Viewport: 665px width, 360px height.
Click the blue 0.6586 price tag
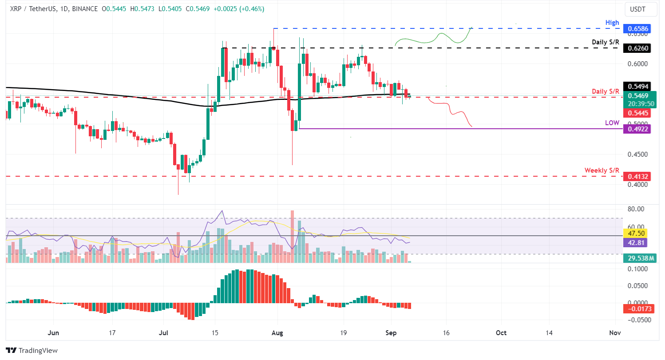click(637, 29)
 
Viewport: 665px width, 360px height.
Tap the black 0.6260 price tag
click(637, 48)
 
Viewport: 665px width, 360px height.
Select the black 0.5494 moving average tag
click(637, 87)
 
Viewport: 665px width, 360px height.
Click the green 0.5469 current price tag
click(637, 95)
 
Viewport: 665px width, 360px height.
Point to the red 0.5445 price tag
click(637, 113)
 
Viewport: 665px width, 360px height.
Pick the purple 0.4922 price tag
click(637, 129)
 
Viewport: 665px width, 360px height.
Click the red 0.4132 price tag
click(637, 177)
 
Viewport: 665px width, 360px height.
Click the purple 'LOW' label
click(612, 123)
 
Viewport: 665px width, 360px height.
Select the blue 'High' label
click(612, 22)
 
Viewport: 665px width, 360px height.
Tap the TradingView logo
click(32, 350)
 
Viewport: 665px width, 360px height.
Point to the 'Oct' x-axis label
click(501, 332)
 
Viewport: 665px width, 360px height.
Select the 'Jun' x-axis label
click(53, 332)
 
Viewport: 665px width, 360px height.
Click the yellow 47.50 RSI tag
click(637, 233)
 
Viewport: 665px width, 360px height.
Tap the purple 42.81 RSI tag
click(637, 242)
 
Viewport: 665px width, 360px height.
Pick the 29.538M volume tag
click(637, 257)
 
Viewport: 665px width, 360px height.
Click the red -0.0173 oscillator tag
click(637, 308)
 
